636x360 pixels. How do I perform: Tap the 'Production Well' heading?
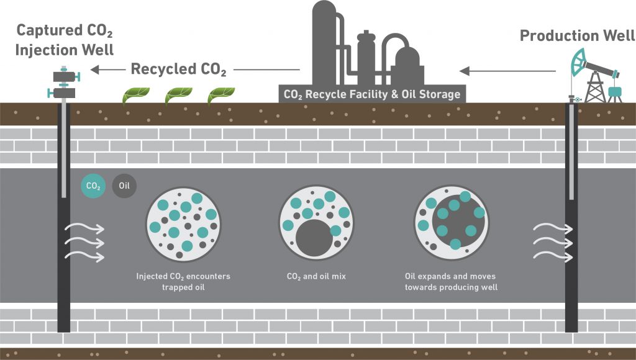pos(577,35)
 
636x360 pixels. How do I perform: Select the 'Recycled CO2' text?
pos(178,69)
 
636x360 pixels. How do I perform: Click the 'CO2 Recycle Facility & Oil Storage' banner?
pos(372,94)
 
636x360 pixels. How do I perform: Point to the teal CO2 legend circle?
pos(93,186)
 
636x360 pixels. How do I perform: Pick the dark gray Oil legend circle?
pos(124,186)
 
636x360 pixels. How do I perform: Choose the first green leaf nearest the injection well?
pos(134,96)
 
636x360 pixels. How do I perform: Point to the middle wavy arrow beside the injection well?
pos(85,241)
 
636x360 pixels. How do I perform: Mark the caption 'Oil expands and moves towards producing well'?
pos(450,281)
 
